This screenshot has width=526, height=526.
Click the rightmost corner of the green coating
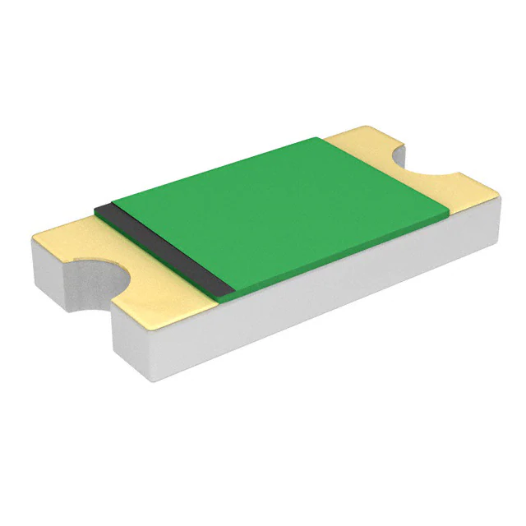pyautogui.click(x=449, y=216)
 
